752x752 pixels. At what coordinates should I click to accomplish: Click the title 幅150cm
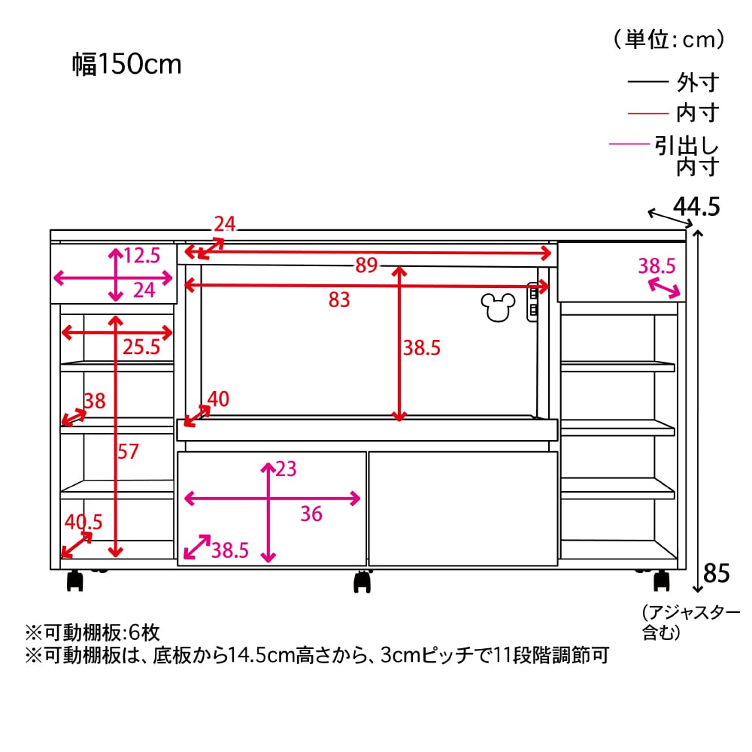click(x=127, y=65)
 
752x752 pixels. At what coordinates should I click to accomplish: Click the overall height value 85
click(x=716, y=574)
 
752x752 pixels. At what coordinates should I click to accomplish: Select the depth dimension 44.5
click(x=696, y=205)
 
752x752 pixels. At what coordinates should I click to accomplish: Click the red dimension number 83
click(x=339, y=299)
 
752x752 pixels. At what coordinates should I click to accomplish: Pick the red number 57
click(x=129, y=451)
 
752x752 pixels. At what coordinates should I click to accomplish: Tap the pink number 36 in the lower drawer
click(x=311, y=514)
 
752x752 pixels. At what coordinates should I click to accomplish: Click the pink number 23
click(x=286, y=469)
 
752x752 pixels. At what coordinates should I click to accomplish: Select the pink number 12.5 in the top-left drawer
click(x=142, y=256)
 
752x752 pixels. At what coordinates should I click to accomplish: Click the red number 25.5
click(x=141, y=347)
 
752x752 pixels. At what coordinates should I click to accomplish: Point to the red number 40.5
click(x=83, y=521)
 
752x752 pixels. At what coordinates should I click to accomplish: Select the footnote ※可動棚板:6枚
click(x=92, y=632)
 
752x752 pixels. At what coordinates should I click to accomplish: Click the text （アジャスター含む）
click(x=690, y=622)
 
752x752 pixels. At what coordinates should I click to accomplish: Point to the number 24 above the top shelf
click(x=224, y=223)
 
